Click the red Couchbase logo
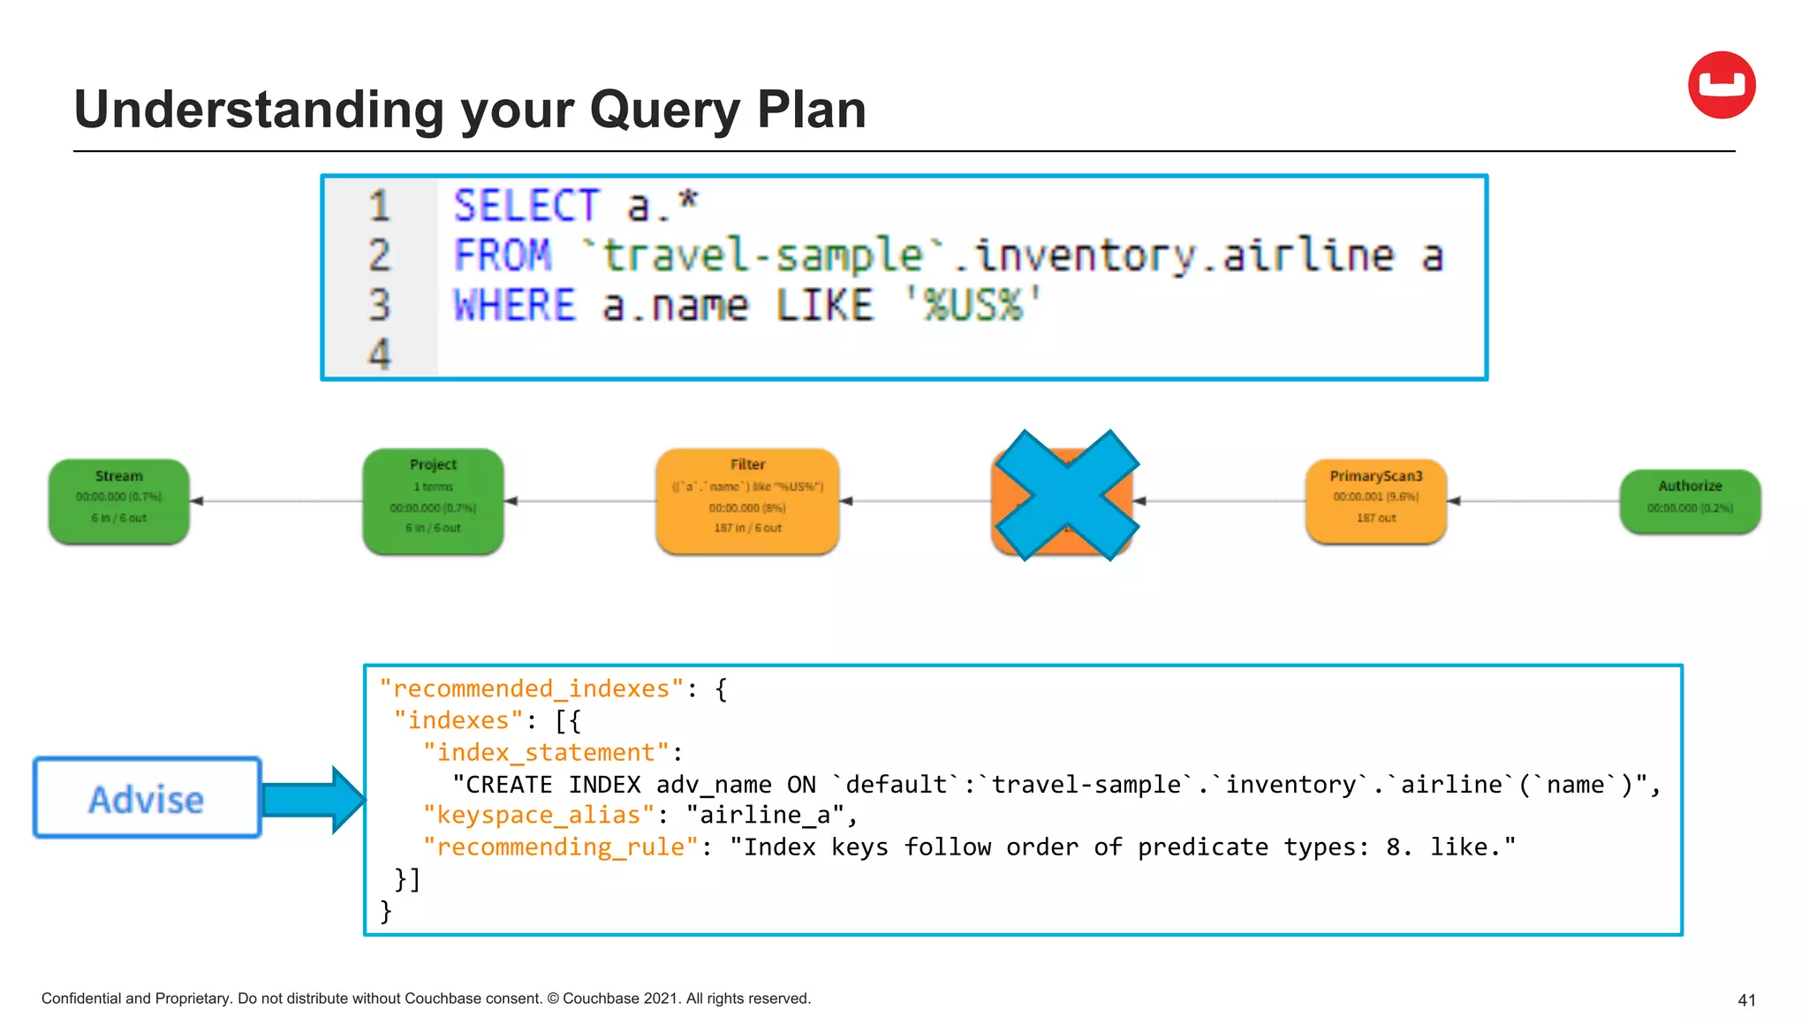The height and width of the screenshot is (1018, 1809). pyautogui.click(x=1721, y=85)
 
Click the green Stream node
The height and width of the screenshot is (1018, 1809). pyautogui.click(x=119, y=501)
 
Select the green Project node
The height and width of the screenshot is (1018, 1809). pyautogui.click(x=433, y=501)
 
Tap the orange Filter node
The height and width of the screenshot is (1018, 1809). pyautogui.click(x=747, y=501)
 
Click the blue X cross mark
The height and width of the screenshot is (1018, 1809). pyautogui.click(x=1066, y=496)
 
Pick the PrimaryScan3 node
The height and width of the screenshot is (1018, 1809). pyautogui.click(x=1375, y=501)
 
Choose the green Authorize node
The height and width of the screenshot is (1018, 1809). pyautogui.click(x=1689, y=501)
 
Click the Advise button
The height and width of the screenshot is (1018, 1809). pyautogui.click(x=148, y=798)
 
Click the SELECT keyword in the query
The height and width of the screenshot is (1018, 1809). pyautogui.click(x=526, y=206)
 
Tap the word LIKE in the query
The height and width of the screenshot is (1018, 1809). pyautogui.click(x=824, y=306)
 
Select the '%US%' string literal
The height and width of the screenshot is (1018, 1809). pyautogui.click(x=973, y=306)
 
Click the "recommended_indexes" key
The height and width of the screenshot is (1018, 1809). pyautogui.click(x=532, y=688)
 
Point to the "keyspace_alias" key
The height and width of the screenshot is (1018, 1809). pyautogui.click(x=538, y=815)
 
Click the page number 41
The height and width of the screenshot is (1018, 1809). pyautogui.click(x=1745, y=1000)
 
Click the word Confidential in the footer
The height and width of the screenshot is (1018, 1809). pyautogui.click(x=81, y=999)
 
